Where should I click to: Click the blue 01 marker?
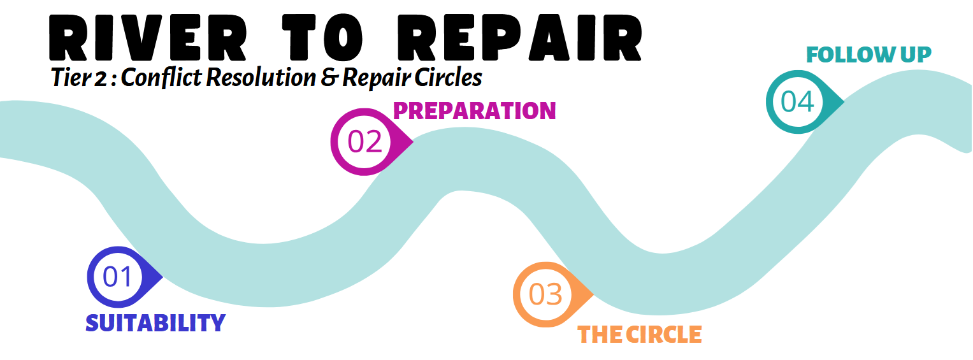click(118, 277)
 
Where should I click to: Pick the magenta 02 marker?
click(365, 141)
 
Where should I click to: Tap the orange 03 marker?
click(546, 294)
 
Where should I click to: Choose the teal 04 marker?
click(798, 102)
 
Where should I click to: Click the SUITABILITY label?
click(155, 323)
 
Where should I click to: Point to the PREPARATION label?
click(474, 111)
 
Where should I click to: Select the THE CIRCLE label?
click(639, 335)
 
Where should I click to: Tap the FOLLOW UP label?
click(868, 55)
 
